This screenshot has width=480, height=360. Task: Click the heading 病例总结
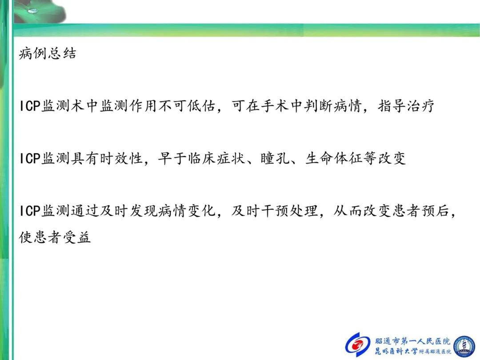point(48,53)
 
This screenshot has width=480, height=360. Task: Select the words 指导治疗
point(406,106)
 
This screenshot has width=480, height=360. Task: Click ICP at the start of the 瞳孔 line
point(30,159)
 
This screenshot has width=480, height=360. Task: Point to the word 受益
point(77,237)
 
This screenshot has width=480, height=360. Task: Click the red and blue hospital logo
point(357,345)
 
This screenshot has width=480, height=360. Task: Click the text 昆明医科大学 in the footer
point(396,351)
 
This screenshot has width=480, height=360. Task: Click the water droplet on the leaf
point(32,11)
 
